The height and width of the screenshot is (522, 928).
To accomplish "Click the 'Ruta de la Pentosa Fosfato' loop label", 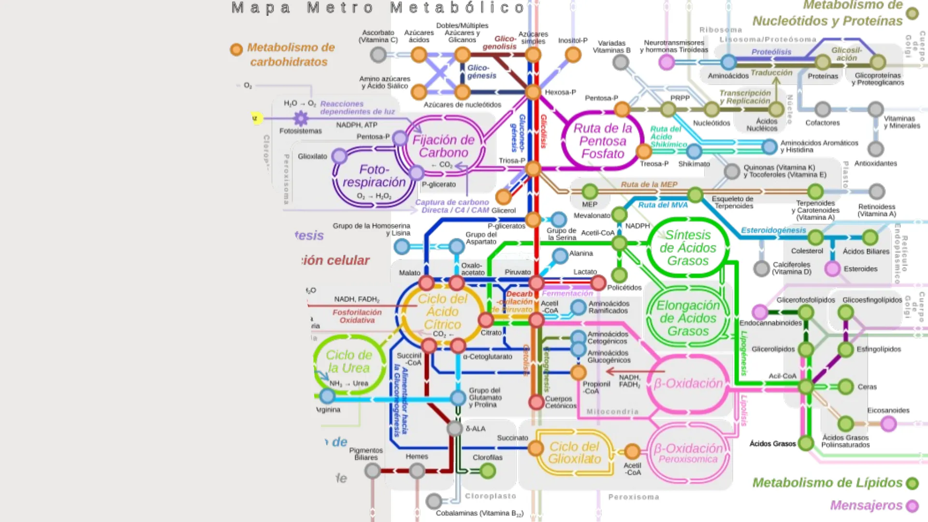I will pyautogui.click(x=603, y=141).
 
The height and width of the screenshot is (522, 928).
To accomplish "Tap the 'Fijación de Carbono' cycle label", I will pyautogui.click(x=443, y=146).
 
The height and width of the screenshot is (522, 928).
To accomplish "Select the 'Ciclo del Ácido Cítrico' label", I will pyautogui.click(x=443, y=312).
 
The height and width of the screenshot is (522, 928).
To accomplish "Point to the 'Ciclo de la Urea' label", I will pyautogui.click(x=349, y=362).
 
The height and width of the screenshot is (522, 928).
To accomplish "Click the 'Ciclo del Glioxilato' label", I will pyautogui.click(x=574, y=453).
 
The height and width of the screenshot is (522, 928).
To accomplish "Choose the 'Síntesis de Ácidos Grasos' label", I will pyautogui.click(x=688, y=248).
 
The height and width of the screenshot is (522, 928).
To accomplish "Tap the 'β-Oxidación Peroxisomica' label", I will pyautogui.click(x=688, y=453).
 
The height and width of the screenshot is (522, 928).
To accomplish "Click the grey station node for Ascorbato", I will pyautogui.click(x=378, y=55).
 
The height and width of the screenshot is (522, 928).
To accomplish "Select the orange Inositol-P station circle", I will pyautogui.click(x=573, y=55).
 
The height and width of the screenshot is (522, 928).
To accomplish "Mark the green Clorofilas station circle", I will pyautogui.click(x=488, y=470).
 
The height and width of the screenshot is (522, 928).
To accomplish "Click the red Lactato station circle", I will pyautogui.click(x=598, y=283).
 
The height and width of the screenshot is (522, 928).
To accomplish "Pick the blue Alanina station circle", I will pyautogui.click(x=560, y=256).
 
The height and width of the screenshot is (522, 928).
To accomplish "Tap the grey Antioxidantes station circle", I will pyautogui.click(x=875, y=149).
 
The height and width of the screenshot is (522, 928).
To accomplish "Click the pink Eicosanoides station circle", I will pyautogui.click(x=888, y=424).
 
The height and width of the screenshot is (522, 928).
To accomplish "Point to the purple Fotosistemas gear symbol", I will pyautogui.click(x=301, y=118).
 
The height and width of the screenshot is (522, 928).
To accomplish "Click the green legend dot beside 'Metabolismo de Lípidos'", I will pyautogui.click(x=912, y=483).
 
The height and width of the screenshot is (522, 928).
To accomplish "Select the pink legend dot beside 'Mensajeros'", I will pyautogui.click(x=912, y=506).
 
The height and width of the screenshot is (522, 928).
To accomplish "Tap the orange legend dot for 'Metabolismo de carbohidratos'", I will pyautogui.click(x=236, y=49).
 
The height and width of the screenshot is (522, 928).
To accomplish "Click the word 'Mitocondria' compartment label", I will pyautogui.click(x=612, y=412).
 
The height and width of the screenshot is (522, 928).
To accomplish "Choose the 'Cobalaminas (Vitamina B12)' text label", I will pyautogui.click(x=479, y=513).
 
